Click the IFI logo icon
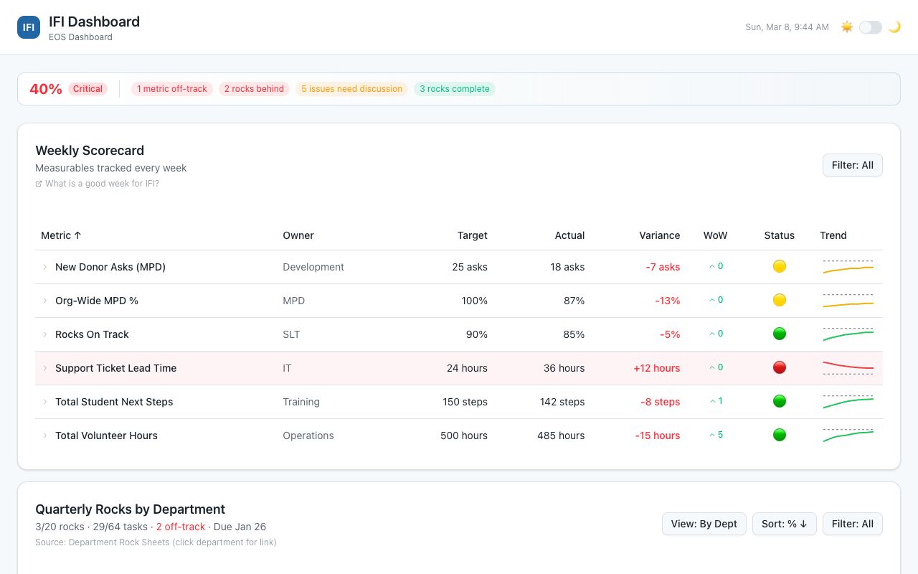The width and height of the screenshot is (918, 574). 29,27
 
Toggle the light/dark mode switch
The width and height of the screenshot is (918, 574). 870,27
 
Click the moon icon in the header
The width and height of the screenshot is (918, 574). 894,27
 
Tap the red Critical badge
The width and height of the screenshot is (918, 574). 87,89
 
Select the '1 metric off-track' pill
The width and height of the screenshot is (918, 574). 172,89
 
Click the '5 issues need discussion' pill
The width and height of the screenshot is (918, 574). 351,89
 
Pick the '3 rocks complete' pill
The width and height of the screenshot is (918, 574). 455,89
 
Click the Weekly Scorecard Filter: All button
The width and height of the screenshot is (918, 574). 852,165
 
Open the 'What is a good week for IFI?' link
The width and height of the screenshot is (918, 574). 102,184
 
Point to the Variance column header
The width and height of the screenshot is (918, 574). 659,235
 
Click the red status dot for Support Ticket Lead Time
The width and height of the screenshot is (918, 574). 780,367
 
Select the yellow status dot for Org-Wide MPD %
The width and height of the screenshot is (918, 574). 780,300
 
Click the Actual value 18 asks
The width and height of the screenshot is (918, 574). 567,267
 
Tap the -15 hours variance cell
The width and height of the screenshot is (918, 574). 657,436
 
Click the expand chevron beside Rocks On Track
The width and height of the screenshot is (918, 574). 44,334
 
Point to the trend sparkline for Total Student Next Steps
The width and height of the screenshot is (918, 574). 848,401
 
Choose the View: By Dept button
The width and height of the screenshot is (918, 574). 704,524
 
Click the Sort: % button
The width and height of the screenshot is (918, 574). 784,524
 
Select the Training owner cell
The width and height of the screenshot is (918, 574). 301,402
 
